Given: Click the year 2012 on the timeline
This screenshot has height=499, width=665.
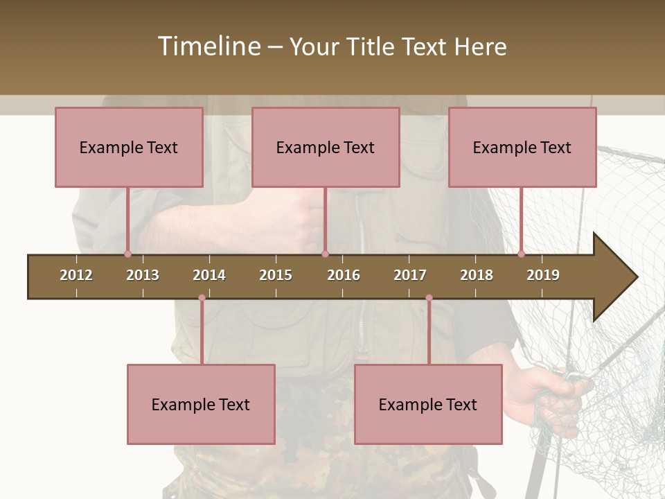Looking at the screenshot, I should coord(76,275).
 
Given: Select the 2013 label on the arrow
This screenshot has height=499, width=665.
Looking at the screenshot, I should coord(143,275).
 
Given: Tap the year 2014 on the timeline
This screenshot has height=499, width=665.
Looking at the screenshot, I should coord(209,275).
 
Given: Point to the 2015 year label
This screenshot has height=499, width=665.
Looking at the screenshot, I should coord(276,275).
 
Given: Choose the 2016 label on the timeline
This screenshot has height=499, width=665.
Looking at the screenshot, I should coord(344,275).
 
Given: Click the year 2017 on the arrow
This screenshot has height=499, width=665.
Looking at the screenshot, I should coord(410,275).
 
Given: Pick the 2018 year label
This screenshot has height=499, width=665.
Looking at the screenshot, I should coord(477,275).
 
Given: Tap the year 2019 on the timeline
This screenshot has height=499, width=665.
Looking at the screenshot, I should coord(543,275).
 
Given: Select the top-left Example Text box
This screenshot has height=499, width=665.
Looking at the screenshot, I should coord(129,147).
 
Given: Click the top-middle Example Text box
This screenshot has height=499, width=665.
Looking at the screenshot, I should coord(326,147).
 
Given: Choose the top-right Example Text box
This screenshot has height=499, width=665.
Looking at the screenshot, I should coord(522,147).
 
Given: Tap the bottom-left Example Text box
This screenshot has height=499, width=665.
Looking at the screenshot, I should coord(201,404).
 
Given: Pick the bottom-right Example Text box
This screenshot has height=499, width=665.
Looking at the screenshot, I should coord(428,404).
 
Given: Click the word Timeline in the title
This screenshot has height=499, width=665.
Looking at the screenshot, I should coord(209,46).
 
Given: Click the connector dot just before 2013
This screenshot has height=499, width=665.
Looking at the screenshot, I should coord(127,254).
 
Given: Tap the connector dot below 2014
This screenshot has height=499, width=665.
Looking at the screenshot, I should coord(202,298).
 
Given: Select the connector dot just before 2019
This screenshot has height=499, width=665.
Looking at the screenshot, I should coord(521,254).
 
